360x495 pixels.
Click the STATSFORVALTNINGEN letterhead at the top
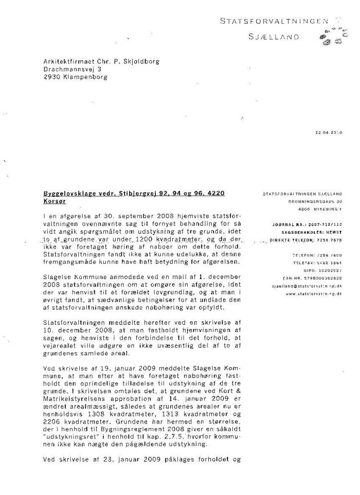tap(274, 21)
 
